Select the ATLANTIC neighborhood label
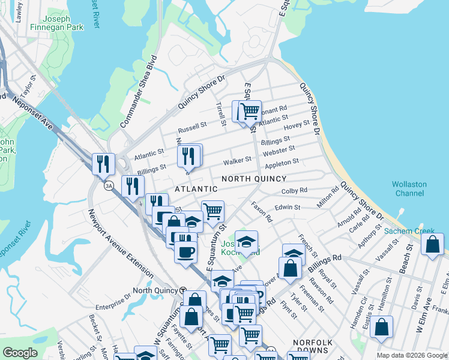coord(194,188)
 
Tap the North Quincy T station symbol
coord(182,290)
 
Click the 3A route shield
coord(109,186)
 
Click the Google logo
coord(20,353)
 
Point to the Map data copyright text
coord(411,355)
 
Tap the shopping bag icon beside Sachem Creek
coord(432,245)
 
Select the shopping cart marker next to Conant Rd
coord(250,111)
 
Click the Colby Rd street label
coord(294,191)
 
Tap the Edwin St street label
coord(287,207)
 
